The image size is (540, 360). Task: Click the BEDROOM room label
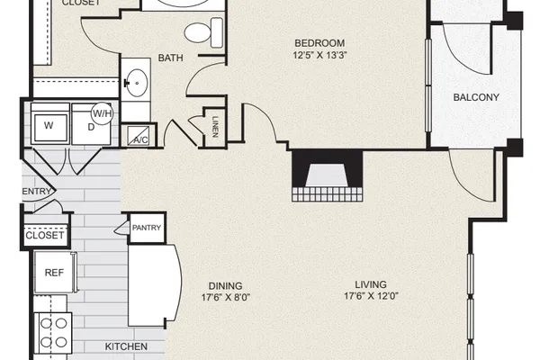click(x=319, y=43)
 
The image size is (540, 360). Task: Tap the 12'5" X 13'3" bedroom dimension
click(x=319, y=55)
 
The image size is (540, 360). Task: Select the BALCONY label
click(x=476, y=97)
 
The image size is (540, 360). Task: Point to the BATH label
click(x=170, y=58)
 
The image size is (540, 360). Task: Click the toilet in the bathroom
click(x=203, y=32)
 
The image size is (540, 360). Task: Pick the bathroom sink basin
click(x=137, y=83)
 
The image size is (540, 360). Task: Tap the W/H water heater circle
click(x=103, y=113)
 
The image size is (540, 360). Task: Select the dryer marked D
click(x=91, y=125)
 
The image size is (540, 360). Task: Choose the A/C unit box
click(x=139, y=136)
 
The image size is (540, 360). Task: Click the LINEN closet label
click(x=216, y=127)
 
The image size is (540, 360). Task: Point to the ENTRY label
click(x=37, y=191)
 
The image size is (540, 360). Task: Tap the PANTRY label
click(x=147, y=228)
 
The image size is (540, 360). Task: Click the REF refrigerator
click(x=55, y=273)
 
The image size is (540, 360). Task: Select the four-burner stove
click(x=53, y=333)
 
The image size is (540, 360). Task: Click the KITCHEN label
click(x=126, y=346)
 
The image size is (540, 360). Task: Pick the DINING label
click(x=226, y=286)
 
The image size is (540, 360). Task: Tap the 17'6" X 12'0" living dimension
click(x=371, y=296)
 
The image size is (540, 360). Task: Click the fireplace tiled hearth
click(x=328, y=194)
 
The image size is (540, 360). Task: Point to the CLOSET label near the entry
click(x=45, y=236)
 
